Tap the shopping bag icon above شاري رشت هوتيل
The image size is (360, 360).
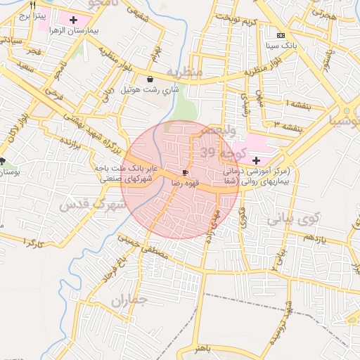[152, 79]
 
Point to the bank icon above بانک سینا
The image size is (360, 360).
[281, 34]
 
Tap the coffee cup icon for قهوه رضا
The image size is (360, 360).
[185, 172]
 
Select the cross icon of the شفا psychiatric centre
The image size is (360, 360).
[255, 161]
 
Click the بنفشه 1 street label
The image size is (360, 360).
[288, 104]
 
